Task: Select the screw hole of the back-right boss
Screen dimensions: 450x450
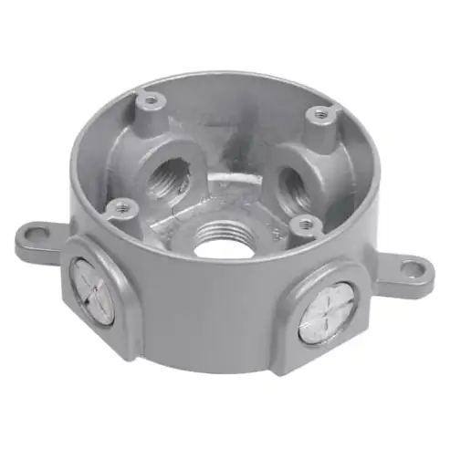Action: pyautogui.click(x=319, y=113)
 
